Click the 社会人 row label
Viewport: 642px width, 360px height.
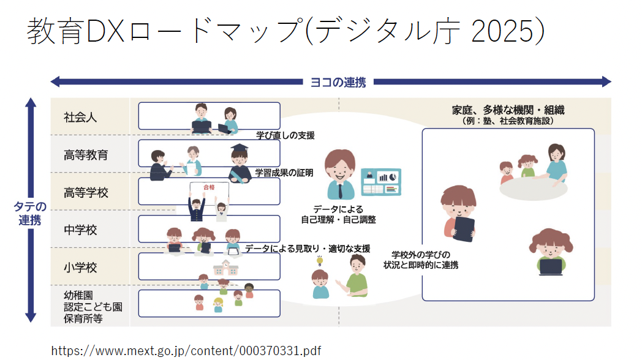[x=81, y=117]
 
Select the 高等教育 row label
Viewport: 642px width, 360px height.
[x=86, y=155]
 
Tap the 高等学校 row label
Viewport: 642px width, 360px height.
[x=86, y=193]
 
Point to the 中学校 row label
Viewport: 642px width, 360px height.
[x=81, y=230]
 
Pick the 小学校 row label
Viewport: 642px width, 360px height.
[x=81, y=268]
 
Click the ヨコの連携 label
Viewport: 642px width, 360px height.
[x=338, y=82]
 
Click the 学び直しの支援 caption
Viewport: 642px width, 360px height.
[x=285, y=135]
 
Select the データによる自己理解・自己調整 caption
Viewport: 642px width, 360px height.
[x=338, y=214]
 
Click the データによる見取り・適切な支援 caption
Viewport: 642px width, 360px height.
[x=308, y=249]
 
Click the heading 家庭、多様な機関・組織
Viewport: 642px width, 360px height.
[x=508, y=110]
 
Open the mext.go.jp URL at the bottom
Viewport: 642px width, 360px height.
[x=186, y=351]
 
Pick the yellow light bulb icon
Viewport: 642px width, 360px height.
[x=319, y=261]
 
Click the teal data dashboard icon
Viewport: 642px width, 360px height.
[x=381, y=182]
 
